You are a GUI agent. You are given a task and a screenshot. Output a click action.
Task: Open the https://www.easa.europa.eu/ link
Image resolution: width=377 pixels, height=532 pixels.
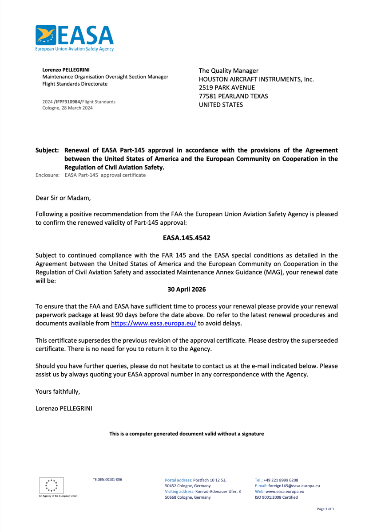[x=153, y=324]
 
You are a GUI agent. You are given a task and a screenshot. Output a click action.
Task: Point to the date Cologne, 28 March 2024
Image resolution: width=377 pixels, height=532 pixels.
[x=67, y=108]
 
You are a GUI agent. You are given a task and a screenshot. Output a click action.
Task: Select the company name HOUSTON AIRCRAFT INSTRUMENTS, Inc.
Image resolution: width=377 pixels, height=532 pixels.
[x=256, y=79]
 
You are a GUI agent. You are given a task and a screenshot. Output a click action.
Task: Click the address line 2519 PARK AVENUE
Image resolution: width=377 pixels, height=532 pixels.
[x=227, y=88]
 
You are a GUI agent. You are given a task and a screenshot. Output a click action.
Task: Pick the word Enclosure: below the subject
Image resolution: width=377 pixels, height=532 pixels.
[x=48, y=175]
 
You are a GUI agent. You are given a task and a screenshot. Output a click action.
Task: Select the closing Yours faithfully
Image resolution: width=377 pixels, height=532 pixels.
[x=58, y=391]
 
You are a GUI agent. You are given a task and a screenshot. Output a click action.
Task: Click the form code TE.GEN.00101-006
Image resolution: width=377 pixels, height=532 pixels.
[x=107, y=480]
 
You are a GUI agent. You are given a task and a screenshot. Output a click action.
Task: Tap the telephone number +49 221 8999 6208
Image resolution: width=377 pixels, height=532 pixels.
[x=281, y=480]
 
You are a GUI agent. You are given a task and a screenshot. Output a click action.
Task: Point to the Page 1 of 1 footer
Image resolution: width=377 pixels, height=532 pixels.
[x=325, y=509]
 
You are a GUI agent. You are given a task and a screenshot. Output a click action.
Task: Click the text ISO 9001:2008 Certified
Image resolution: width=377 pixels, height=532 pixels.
[x=276, y=497]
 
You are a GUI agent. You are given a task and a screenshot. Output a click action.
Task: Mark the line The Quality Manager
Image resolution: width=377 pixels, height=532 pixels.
[x=228, y=70]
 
